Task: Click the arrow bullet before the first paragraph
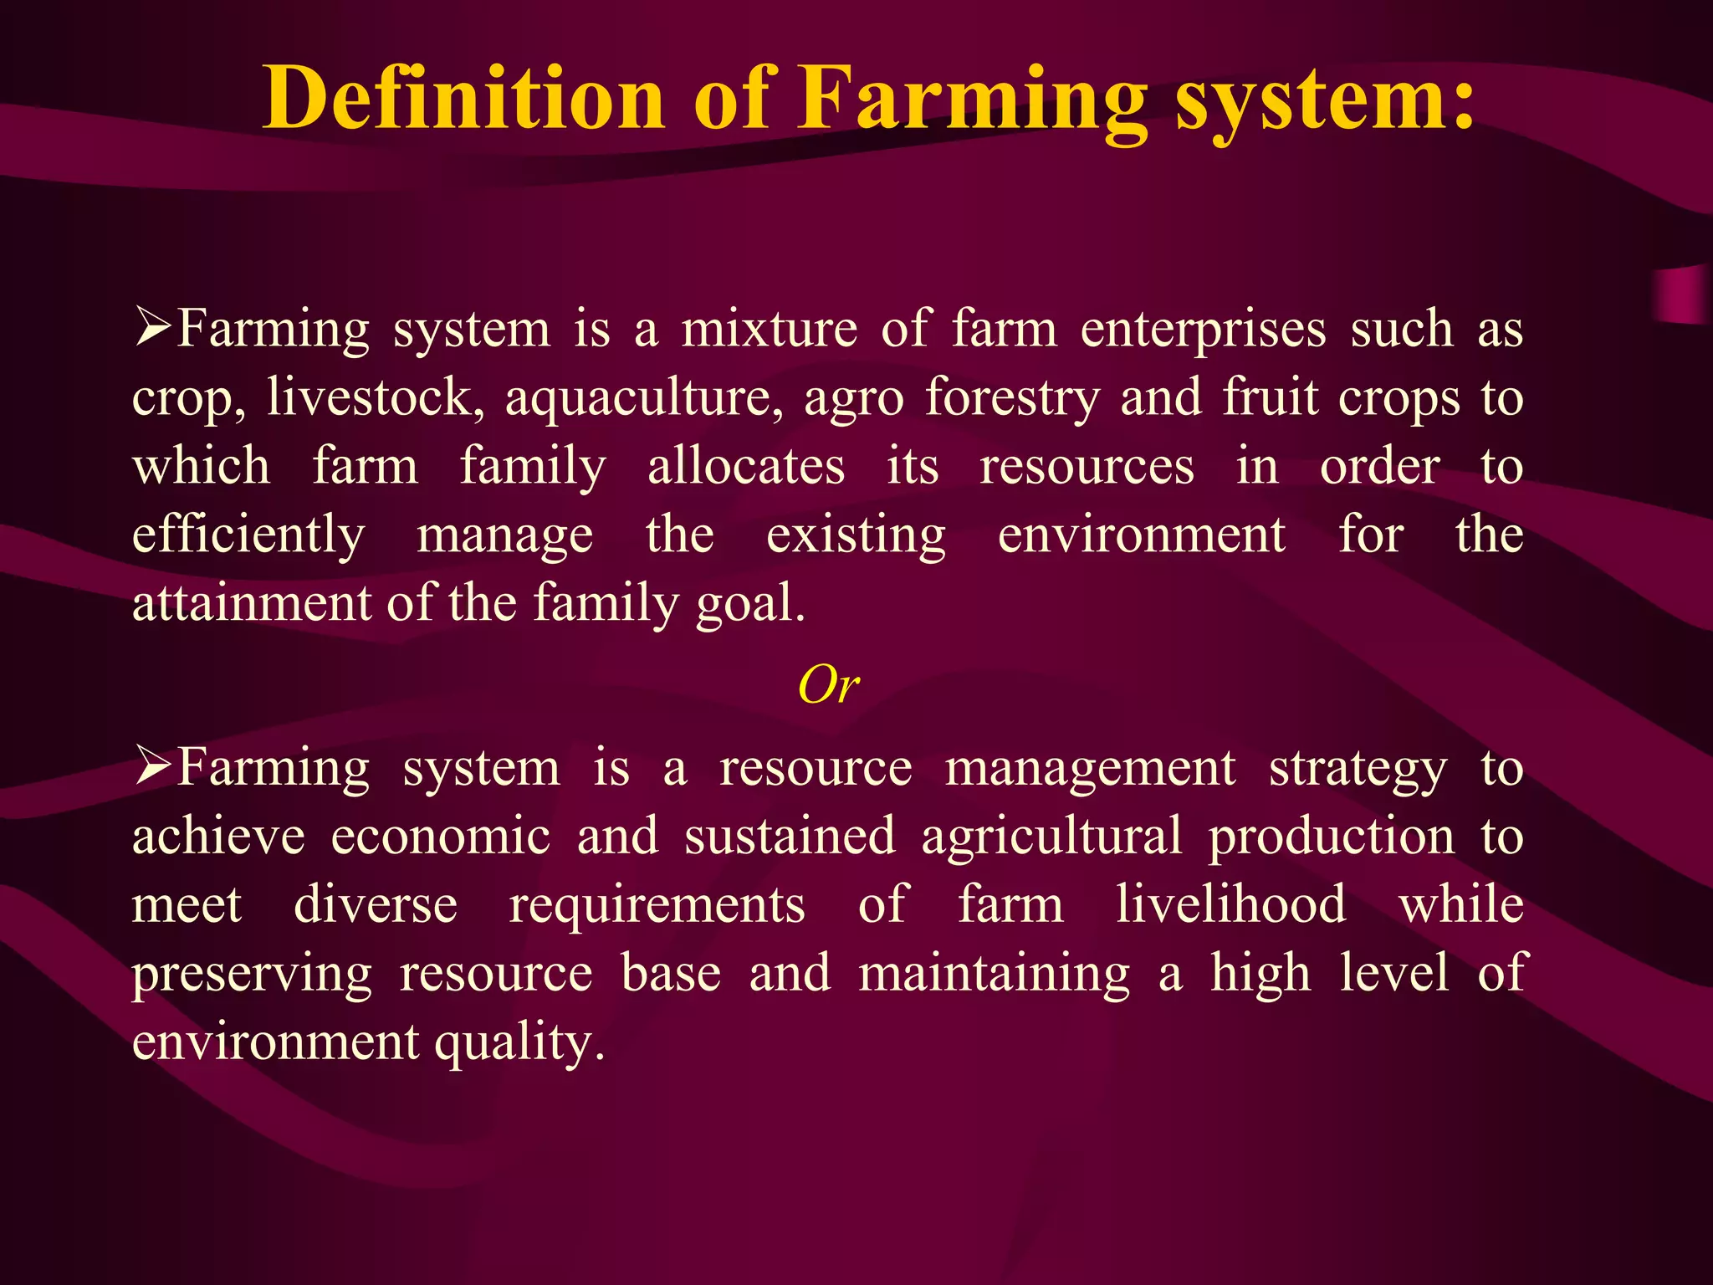153,328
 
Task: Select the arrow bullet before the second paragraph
153,767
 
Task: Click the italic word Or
828,686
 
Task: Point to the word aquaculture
643,398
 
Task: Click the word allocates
746,467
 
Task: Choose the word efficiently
248,535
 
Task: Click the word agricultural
1051,837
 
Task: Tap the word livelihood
1231,905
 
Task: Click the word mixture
769,329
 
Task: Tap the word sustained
790,837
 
